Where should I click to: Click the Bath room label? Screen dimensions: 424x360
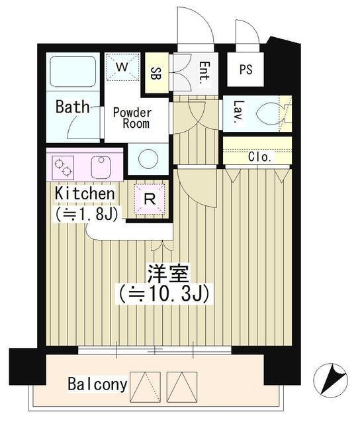73,107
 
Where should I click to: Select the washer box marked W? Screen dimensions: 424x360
123,67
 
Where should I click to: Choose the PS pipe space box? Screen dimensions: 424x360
245,70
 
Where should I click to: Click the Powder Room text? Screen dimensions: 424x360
132,118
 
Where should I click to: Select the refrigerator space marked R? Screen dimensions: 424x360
149,197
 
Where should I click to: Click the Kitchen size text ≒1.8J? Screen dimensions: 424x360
87,213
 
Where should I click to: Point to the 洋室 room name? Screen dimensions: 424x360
169,272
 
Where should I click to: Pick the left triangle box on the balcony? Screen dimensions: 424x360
146,384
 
